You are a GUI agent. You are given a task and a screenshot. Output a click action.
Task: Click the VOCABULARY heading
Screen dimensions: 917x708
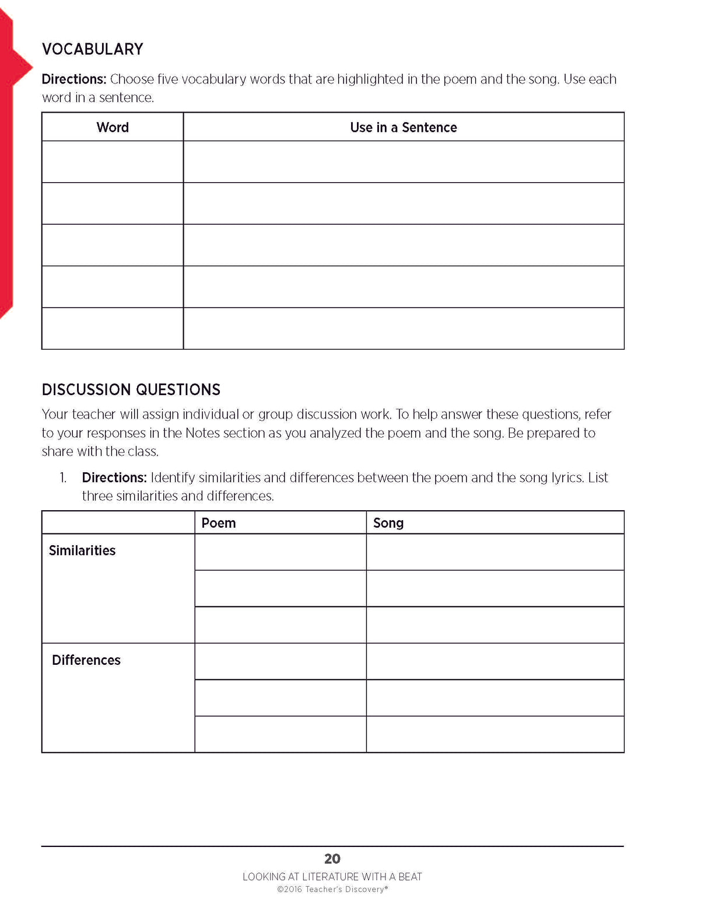(92, 49)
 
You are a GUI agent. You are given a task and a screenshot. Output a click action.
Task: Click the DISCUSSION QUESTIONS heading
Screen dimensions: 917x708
(131, 389)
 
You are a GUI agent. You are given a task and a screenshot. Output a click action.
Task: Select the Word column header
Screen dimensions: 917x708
(113, 127)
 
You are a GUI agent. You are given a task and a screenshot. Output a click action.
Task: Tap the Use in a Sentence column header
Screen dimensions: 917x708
(403, 127)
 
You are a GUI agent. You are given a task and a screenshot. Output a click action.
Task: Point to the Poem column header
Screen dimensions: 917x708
(219, 523)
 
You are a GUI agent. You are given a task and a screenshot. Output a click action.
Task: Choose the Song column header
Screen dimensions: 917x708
(388, 523)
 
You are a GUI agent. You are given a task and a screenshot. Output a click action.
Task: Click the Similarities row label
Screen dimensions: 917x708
(82, 550)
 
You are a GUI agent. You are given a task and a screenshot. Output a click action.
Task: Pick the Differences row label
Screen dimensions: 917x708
(86, 660)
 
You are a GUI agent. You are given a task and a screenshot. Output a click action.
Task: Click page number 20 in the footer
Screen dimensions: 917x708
(332, 859)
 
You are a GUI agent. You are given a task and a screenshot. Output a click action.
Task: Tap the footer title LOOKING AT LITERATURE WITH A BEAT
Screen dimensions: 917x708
(332, 877)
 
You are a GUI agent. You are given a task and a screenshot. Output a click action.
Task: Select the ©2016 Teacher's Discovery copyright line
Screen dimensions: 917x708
(332, 890)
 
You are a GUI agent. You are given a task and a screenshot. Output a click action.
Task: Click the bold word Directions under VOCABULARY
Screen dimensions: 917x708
(73, 79)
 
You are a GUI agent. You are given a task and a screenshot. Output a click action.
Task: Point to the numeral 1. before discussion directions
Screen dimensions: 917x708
(63, 478)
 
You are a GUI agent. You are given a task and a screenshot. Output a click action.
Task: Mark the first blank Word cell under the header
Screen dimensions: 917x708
(113, 162)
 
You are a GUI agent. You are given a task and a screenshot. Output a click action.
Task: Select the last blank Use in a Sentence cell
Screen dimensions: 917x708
(403, 328)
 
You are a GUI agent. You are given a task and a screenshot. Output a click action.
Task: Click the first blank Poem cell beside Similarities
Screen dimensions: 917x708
(280, 552)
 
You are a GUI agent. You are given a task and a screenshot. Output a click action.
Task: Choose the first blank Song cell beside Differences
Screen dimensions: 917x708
(495, 661)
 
